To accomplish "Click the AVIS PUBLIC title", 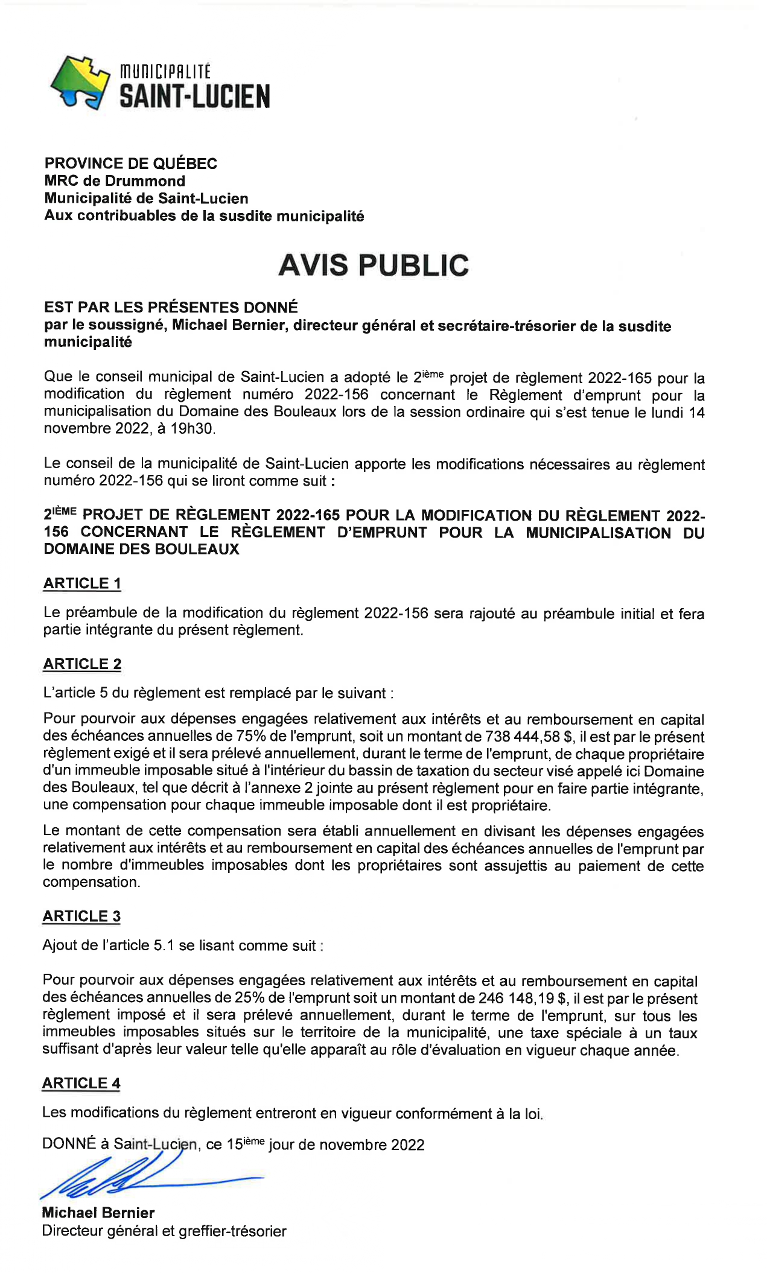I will click(x=374, y=265).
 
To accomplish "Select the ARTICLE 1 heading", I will click(x=82, y=583).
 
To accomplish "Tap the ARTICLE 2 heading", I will click(x=82, y=664).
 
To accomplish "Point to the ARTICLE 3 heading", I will click(x=81, y=916).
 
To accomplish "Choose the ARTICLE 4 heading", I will click(x=81, y=1083).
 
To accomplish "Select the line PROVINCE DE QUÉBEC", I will click(x=130, y=163).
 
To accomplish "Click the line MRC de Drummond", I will click(x=115, y=181).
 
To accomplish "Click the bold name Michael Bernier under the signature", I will click(x=98, y=1213).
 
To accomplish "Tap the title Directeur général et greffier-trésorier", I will click(x=164, y=1231).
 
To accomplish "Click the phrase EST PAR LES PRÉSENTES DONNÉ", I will click(x=171, y=308).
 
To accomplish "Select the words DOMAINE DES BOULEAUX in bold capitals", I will click(x=141, y=549).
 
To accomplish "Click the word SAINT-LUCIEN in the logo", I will click(x=194, y=97).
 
